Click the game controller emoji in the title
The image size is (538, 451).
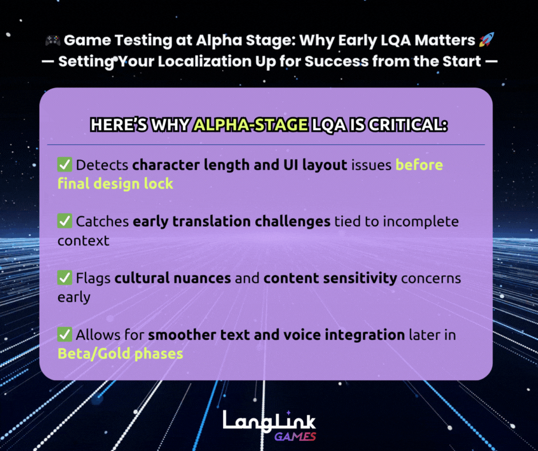tap(52, 41)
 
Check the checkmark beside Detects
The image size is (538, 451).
tap(64, 165)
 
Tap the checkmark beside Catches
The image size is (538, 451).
tap(64, 221)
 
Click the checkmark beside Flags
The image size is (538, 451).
tap(64, 278)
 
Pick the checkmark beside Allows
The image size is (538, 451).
tap(64, 334)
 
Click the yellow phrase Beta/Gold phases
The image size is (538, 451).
tap(120, 354)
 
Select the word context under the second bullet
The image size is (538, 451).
tap(84, 240)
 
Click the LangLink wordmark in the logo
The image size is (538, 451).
tap(269, 421)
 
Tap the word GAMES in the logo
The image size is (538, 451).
tap(295, 437)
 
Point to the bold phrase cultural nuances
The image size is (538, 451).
tap(172, 279)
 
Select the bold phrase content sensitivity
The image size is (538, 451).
tap(330, 279)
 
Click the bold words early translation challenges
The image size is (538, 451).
tap(231, 221)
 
